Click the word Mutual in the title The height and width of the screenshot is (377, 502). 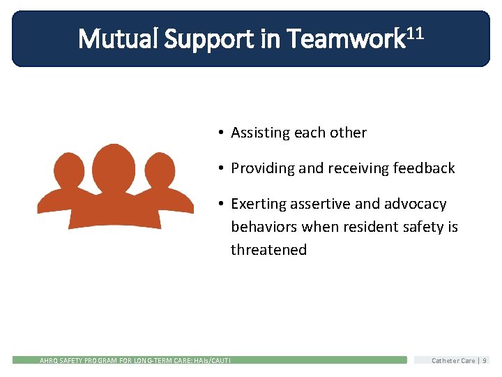[118, 38]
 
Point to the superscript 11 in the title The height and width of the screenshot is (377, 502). [415, 31]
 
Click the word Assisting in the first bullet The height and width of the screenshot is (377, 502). [260, 133]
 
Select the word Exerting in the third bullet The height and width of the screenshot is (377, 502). [257, 204]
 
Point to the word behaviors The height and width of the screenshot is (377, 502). [262, 228]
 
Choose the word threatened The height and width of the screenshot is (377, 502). [268, 250]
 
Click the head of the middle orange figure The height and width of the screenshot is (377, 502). [114, 165]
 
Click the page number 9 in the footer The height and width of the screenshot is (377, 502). [485, 360]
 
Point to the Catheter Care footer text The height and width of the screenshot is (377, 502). [453, 360]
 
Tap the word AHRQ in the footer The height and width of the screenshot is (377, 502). [50, 360]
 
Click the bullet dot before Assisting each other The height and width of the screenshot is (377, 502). [219, 133]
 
